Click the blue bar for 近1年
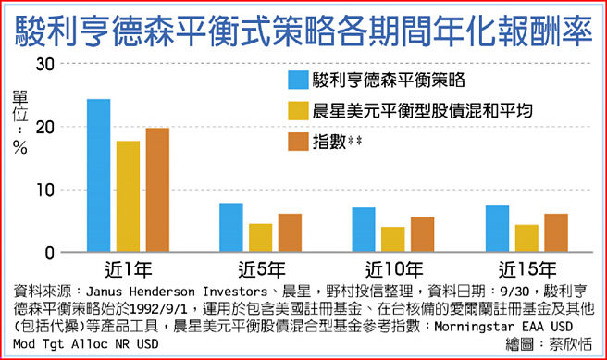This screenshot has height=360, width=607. (99, 176)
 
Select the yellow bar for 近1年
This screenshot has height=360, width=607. (128, 196)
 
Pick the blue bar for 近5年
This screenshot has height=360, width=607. (231, 228)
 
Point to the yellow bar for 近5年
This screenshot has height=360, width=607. (260, 238)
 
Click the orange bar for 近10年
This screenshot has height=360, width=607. (422, 234)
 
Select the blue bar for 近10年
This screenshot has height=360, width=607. (364, 230)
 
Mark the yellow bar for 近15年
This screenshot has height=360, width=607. (526, 238)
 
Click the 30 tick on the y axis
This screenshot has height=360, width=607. (44, 63)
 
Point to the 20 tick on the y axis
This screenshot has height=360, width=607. (44, 127)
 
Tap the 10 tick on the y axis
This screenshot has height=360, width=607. (44, 190)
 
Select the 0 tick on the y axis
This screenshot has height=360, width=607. (51, 253)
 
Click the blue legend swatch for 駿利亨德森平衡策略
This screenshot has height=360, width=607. (298, 78)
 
